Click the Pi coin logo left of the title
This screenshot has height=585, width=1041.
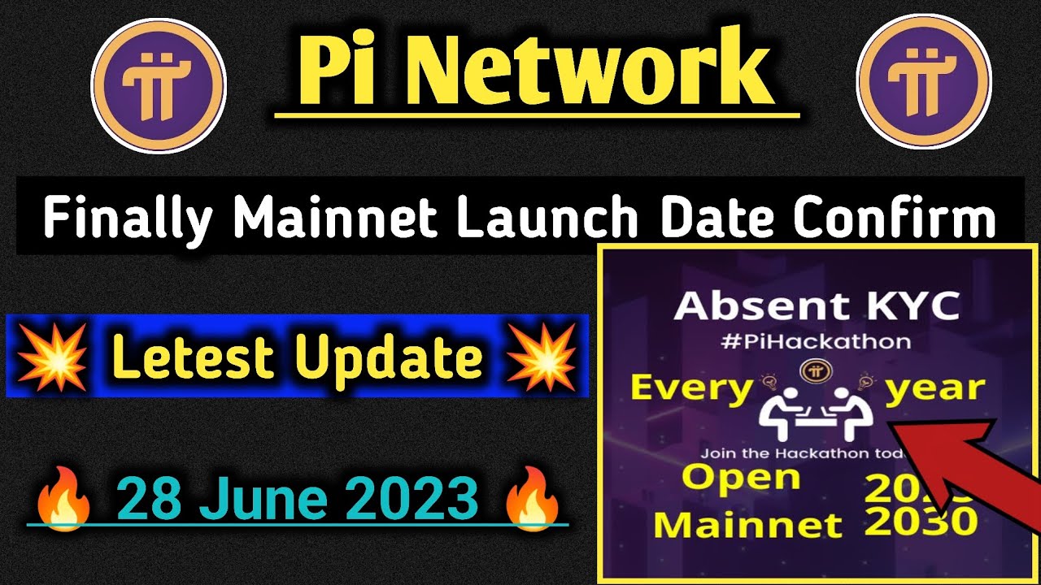[x=158, y=84]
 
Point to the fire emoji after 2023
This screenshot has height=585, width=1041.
[x=533, y=498]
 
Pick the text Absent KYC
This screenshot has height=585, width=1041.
[x=817, y=306]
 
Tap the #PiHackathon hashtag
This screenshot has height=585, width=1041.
[x=817, y=340]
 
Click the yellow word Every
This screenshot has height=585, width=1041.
[x=691, y=389]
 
